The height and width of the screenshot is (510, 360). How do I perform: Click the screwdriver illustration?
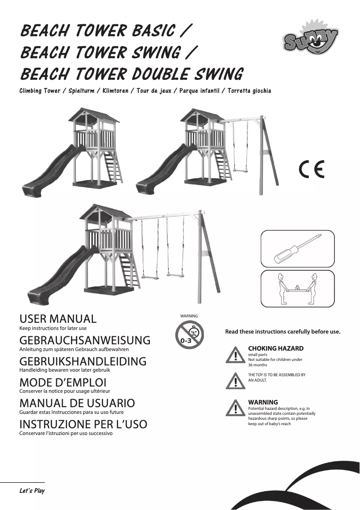pyautogui.click(x=297, y=249)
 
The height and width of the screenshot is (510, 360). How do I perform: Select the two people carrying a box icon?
pyautogui.click(x=297, y=289)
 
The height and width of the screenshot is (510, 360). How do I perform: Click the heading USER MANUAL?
pyautogui.click(x=58, y=319)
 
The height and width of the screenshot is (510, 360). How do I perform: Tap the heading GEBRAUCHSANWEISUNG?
pyautogui.click(x=85, y=340)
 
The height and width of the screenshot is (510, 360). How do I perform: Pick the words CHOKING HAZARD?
pyautogui.click(x=276, y=348)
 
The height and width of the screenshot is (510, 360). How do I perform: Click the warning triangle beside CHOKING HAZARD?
pyautogui.click(x=235, y=355)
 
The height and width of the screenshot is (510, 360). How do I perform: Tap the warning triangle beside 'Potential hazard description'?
pyautogui.click(x=235, y=408)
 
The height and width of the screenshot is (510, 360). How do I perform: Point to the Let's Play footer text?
pyautogui.click(x=32, y=491)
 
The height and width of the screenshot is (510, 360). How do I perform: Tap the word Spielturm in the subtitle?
pyautogui.click(x=81, y=91)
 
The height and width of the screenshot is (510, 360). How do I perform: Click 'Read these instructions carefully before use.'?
pyautogui.click(x=282, y=332)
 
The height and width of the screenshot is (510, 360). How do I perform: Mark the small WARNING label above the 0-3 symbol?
pyautogui.click(x=189, y=316)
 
